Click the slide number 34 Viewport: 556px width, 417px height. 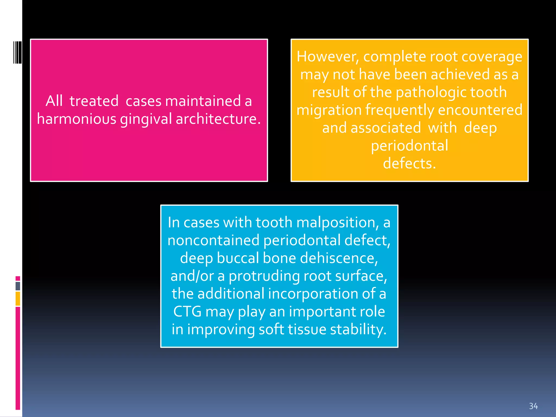pyautogui.click(x=533, y=406)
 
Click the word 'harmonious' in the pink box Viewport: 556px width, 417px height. pyautogui.click(x=77, y=119)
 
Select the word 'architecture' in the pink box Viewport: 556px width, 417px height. pyautogui.click(x=218, y=119)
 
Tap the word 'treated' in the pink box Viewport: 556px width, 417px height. pyautogui.click(x=94, y=101)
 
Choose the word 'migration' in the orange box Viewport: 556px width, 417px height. pyautogui.click(x=328, y=110)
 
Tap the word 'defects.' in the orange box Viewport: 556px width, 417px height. pyautogui.click(x=409, y=163)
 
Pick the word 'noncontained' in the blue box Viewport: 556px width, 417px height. pyautogui.click(x=213, y=241)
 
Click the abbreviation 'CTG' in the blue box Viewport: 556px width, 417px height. pyautogui.click(x=187, y=311)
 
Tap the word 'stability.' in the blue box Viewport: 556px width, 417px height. pyautogui.click(x=358, y=329)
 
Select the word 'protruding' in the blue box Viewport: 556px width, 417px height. pyautogui.click(x=264, y=276)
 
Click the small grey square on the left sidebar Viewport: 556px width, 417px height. pyautogui.click(x=18, y=286)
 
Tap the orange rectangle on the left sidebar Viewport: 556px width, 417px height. pyautogui.click(x=18, y=299)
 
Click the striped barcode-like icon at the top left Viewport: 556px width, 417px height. pyautogui.click(x=18, y=52)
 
